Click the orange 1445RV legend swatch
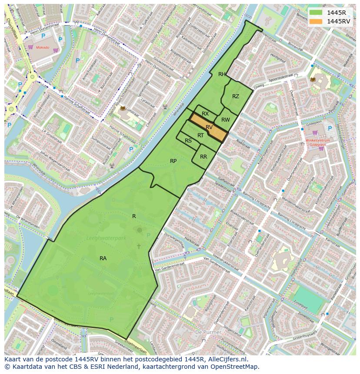[317, 21]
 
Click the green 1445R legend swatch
[317, 13]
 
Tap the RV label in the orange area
[209, 127]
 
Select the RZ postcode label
[235, 96]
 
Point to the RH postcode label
[222, 74]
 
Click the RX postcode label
[205, 114]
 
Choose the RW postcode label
[225, 120]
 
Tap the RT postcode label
[200, 136]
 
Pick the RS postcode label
[188, 141]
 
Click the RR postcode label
[203, 157]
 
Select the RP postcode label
[173, 161]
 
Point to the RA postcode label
[103, 258]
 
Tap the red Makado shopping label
[43, 47]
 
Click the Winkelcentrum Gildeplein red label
[317, 143]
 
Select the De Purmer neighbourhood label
[208, 332]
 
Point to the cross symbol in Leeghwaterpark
[139, 246]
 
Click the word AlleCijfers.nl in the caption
[227, 360]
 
